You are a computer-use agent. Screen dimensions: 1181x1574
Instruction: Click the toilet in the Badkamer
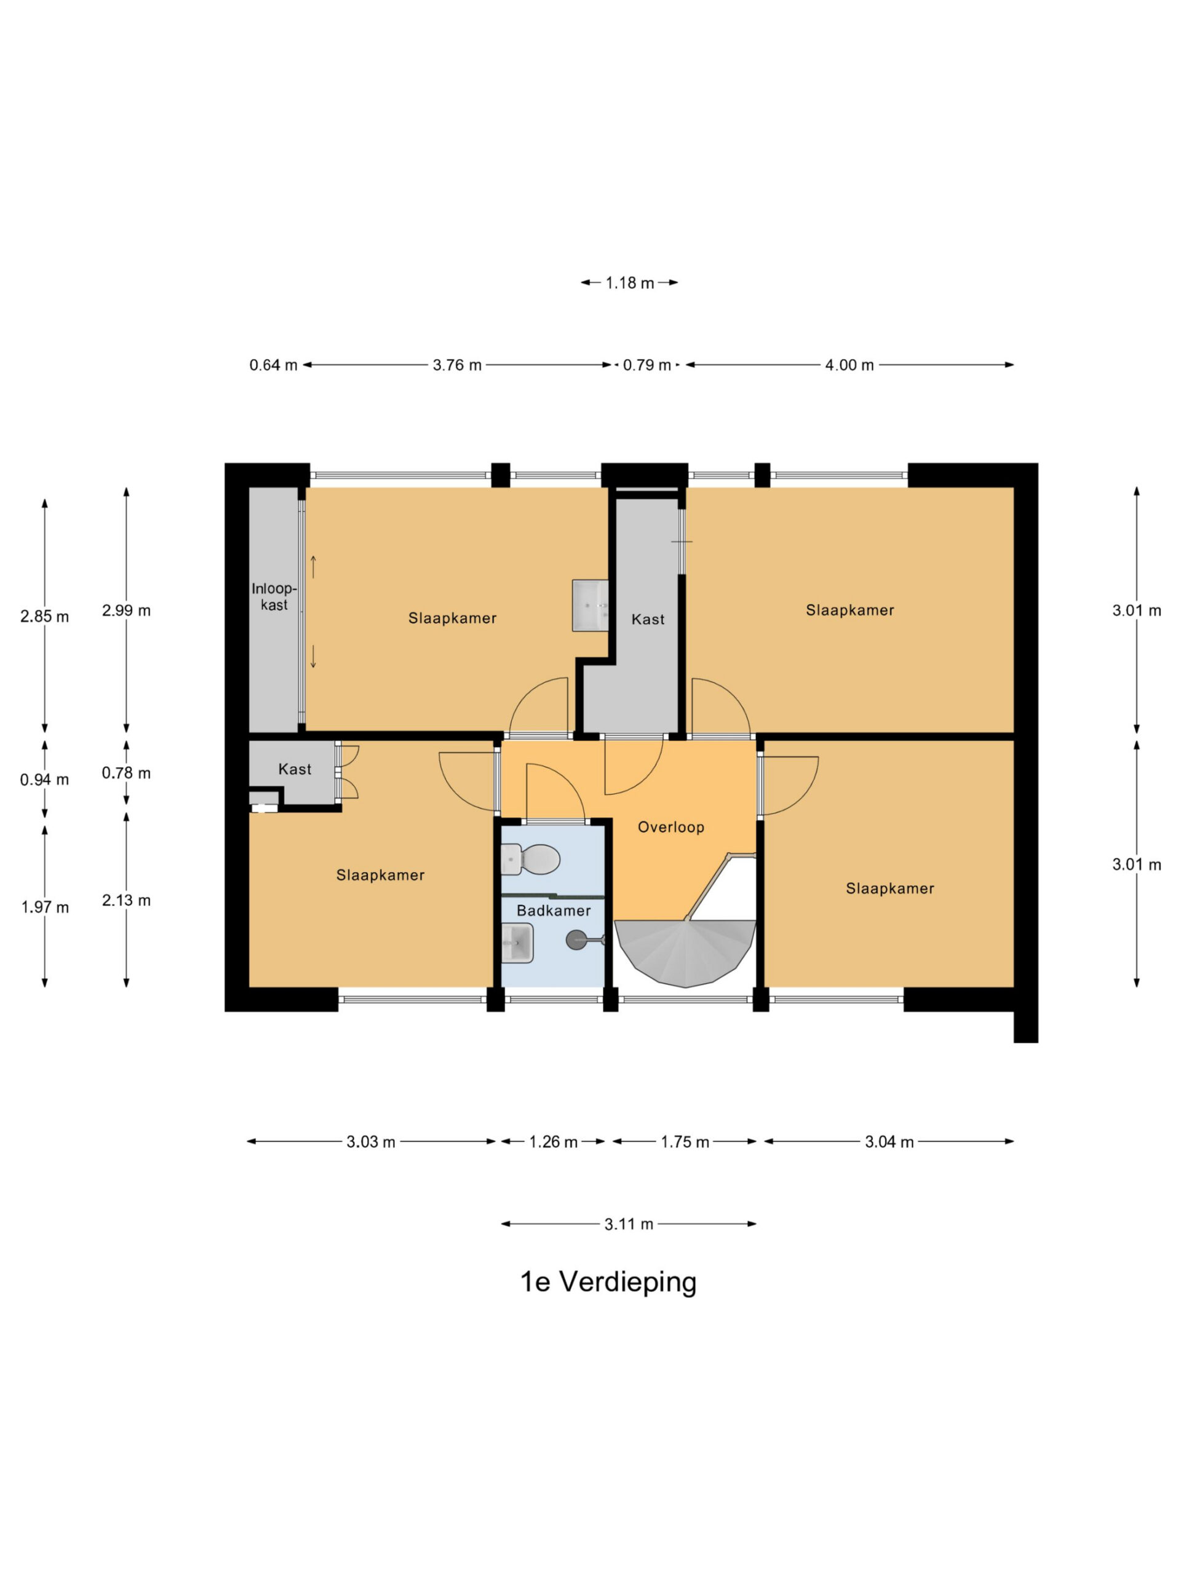point(530,860)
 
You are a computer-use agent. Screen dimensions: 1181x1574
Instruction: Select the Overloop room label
point(670,827)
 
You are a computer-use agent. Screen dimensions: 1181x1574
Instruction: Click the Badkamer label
point(553,910)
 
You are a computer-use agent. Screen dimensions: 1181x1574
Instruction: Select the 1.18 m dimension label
point(629,282)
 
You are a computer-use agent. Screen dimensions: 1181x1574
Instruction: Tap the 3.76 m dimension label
point(457,365)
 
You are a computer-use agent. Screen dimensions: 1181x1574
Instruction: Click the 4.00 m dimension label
point(849,365)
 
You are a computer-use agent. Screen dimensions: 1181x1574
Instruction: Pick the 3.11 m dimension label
point(629,1224)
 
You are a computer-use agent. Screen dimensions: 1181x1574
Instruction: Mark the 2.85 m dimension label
point(44,616)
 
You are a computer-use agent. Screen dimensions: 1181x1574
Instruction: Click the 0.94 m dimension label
point(44,779)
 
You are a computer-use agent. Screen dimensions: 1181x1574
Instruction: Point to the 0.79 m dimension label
point(647,365)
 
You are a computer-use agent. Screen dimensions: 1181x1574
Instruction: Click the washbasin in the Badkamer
point(517,943)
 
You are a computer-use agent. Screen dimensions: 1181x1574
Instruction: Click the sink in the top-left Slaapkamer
point(590,605)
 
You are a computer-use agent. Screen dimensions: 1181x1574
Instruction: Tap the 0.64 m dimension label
point(273,365)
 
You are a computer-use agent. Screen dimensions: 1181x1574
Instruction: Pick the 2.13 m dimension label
point(126,900)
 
